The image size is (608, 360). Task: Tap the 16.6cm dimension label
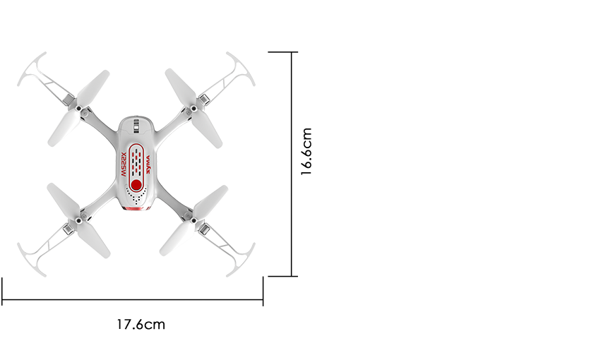(x=306, y=152)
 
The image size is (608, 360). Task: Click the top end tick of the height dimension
(x=284, y=52)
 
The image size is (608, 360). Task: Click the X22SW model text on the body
(x=122, y=162)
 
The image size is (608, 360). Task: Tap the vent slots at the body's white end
(x=136, y=127)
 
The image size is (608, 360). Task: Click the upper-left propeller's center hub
(x=84, y=111)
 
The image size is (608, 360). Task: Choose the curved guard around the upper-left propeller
(x=32, y=71)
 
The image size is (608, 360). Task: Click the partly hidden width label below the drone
(x=141, y=325)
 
